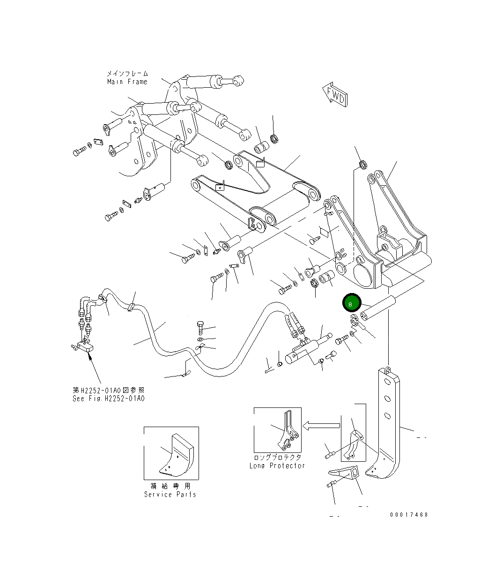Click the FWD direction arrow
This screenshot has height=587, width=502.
336,95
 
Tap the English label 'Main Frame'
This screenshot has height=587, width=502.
127,82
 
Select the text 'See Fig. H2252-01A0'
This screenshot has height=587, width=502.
109,399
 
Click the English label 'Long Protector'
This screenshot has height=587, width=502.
277,466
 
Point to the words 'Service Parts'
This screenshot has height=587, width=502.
170,494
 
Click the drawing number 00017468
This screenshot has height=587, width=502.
409,514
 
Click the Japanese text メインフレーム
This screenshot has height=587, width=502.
127,74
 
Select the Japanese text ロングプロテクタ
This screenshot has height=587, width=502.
277,457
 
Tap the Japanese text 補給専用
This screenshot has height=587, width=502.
170,486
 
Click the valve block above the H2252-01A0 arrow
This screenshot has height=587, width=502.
86,347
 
